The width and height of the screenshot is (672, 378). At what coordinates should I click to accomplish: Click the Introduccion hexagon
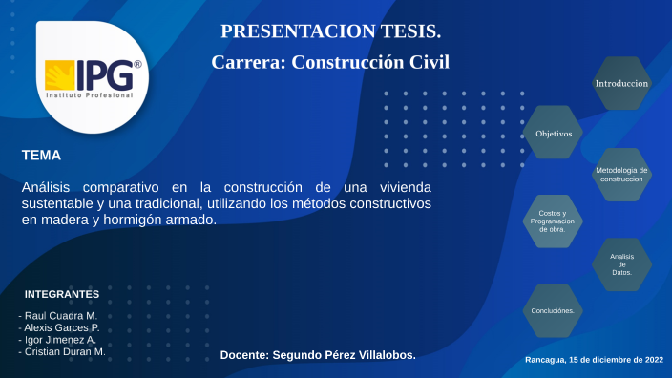tap(621, 83)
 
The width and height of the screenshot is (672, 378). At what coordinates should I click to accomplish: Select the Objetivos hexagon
tap(554, 133)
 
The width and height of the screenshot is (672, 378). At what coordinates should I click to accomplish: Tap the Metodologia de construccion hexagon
tap(621, 175)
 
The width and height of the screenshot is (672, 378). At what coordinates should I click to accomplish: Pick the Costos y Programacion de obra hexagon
tap(553, 221)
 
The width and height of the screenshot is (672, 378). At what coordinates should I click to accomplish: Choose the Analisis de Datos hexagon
tap(621, 264)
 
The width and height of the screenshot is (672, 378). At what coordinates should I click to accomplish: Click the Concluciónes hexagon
tap(553, 311)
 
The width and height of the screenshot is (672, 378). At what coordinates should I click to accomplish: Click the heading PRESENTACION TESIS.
tap(330, 31)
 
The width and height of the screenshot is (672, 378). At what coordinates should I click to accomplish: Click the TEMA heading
tap(41, 154)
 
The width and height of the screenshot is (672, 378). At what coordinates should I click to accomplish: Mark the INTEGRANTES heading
tap(62, 293)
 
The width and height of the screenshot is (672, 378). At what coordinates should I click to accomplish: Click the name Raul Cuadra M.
tap(59, 315)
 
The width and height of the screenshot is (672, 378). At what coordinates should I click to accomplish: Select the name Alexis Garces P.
tap(61, 327)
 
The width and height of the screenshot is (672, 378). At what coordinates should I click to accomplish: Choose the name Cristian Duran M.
tap(63, 351)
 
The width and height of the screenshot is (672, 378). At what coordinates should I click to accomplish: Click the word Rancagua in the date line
tap(545, 360)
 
